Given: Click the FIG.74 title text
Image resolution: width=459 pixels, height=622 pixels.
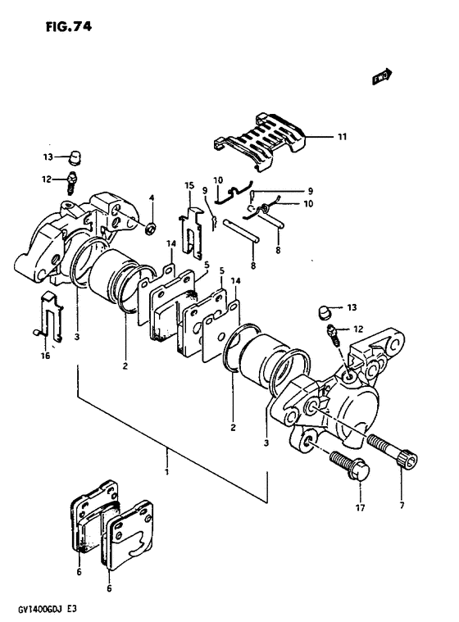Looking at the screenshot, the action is pyautogui.click(x=69, y=26).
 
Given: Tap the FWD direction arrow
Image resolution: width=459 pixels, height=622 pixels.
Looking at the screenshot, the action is pyautogui.click(x=382, y=76).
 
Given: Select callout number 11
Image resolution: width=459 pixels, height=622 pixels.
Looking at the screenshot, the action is pyautogui.click(x=342, y=137).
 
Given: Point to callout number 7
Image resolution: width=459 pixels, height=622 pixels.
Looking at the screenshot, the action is pyautogui.click(x=402, y=506).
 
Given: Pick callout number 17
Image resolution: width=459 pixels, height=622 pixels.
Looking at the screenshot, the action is pyautogui.click(x=360, y=507).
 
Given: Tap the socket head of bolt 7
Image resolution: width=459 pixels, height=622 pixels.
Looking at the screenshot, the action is pyautogui.click(x=408, y=462).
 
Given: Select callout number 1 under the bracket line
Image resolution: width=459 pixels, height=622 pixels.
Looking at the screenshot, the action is pyautogui.click(x=167, y=472).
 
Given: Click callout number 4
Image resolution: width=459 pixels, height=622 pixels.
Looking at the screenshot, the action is pyautogui.click(x=152, y=197).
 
